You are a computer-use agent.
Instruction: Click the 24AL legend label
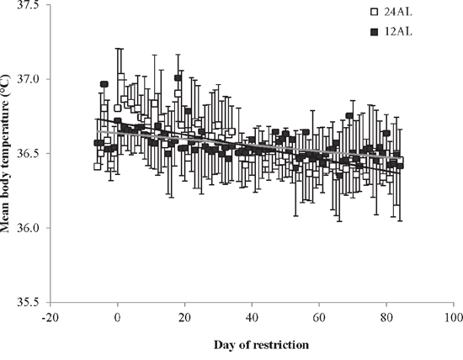pyautogui.click(x=397, y=12)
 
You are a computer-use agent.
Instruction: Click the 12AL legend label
pyautogui.click(x=397, y=31)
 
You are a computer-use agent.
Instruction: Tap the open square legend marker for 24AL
pyautogui.click(x=374, y=12)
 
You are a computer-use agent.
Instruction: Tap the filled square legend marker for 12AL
pyautogui.click(x=374, y=32)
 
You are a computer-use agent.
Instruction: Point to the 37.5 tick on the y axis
pyautogui.click(x=28, y=5)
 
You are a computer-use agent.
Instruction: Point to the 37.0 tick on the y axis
pyautogui.click(x=28, y=79)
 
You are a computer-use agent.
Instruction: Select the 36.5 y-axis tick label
pyautogui.click(x=28, y=153)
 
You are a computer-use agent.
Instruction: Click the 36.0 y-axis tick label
pyautogui.click(x=28, y=228)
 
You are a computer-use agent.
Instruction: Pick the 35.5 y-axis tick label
pyautogui.click(x=28, y=303)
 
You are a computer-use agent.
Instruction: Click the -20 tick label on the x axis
pyautogui.click(x=50, y=318)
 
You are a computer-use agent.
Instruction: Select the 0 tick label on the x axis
pyautogui.click(x=118, y=318)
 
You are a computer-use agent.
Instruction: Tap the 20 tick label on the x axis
pyautogui.click(x=184, y=318)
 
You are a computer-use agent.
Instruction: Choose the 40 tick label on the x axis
pyautogui.click(x=252, y=318)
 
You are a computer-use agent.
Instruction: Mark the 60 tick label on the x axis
pyautogui.click(x=319, y=318)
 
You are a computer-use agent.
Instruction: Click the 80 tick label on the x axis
pyautogui.click(x=386, y=318)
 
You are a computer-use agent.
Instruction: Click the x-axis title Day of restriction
pyautogui.click(x=261, y=345)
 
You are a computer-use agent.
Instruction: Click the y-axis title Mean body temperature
pyautogui.click(x=5, y=153)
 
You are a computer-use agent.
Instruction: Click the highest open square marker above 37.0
pyautogui.click(x=120, y=77)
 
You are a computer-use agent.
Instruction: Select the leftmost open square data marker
pyautogui.click(x=97, y=167)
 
